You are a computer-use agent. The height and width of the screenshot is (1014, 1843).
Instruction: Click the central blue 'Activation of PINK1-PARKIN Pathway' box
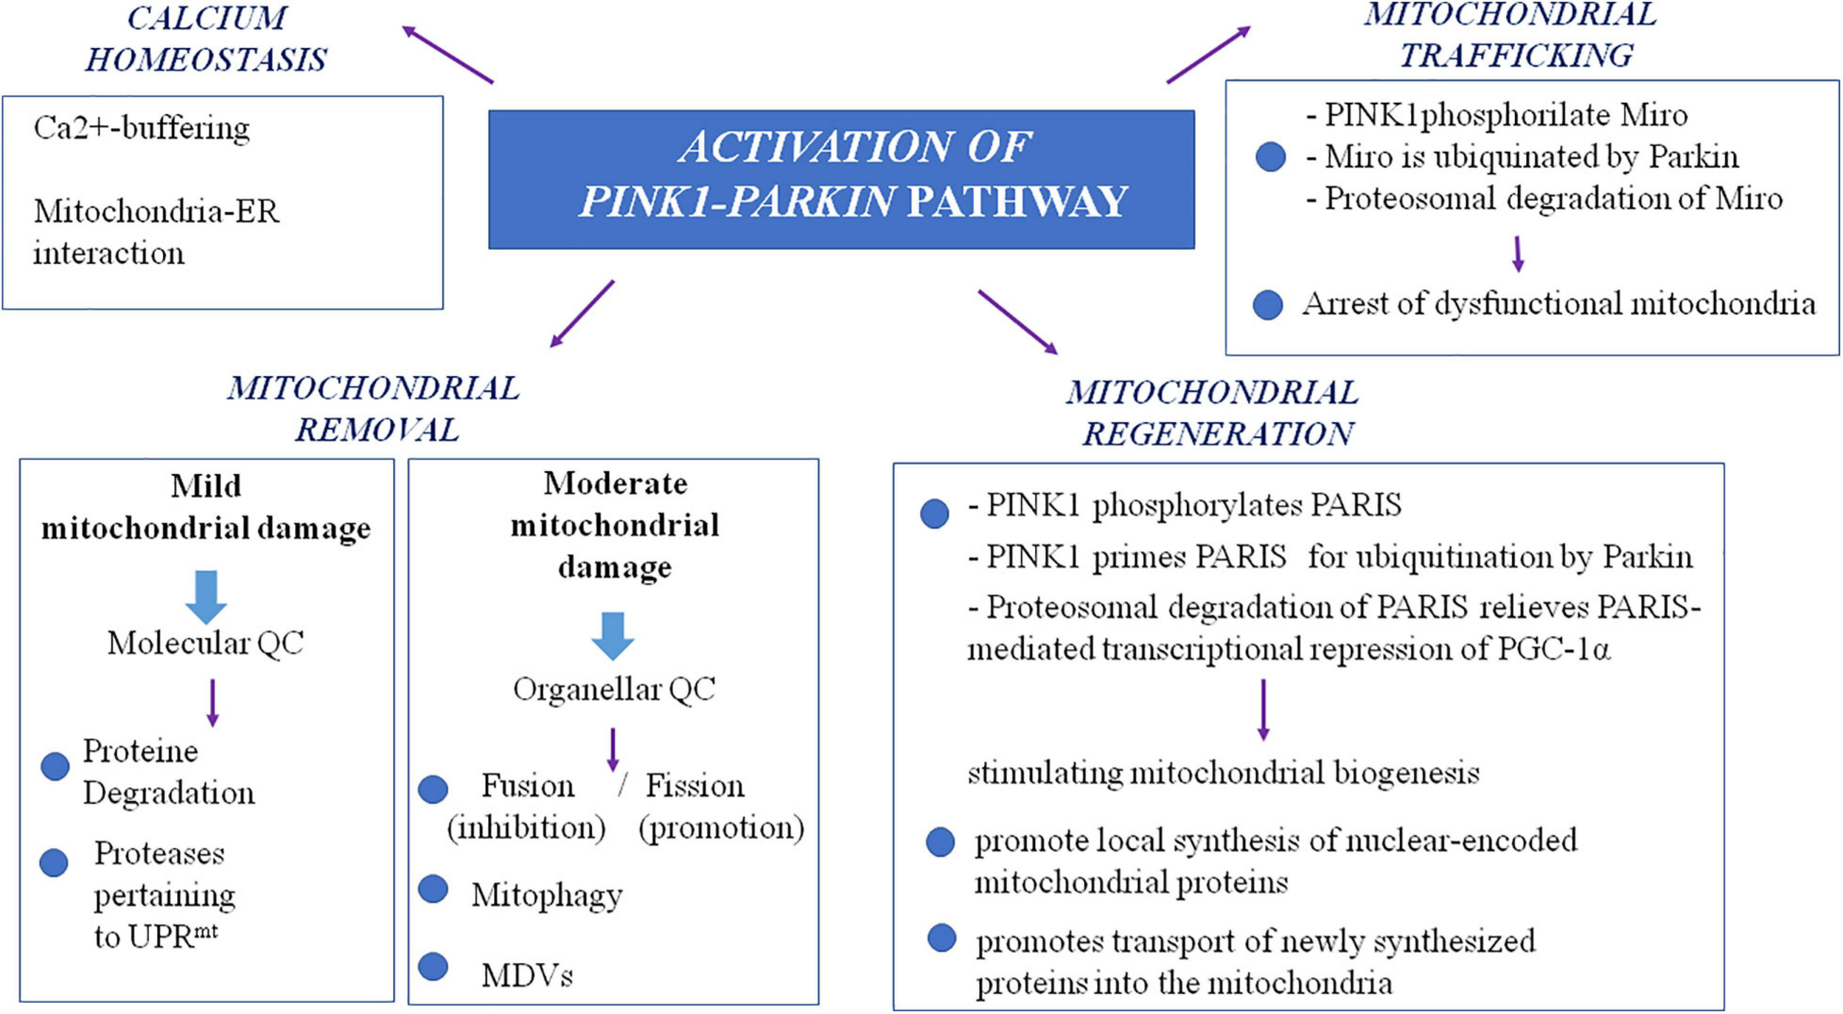pos(840,178)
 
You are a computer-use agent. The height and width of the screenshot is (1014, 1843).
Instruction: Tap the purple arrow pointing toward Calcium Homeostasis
pos(447,55)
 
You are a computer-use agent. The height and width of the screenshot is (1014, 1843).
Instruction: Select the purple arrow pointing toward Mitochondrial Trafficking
pos(1209,55)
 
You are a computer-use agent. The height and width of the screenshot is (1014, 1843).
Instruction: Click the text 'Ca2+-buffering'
pos(142,128)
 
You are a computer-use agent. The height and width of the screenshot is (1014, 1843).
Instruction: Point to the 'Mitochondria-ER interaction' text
pos(156,231)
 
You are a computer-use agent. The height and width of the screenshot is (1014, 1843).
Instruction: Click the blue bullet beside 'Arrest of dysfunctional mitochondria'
pos(1267,304)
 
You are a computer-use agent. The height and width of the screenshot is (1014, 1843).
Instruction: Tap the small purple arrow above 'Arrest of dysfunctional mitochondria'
pos(1517,254)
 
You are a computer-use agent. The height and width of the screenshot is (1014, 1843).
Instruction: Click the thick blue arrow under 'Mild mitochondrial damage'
pos(206,596)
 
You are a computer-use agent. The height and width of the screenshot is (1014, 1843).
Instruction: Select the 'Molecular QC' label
pos(205,643)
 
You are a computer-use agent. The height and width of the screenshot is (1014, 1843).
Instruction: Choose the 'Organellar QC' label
pos(613,689)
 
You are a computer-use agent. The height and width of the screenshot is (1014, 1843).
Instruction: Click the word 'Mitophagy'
pos(546,895)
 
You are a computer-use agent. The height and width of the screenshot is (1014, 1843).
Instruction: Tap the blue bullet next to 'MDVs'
pos(433,966)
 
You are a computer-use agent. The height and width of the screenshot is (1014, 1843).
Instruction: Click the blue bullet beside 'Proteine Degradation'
pos(55,766)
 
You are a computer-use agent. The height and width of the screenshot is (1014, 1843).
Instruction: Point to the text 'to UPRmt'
pos(155,937)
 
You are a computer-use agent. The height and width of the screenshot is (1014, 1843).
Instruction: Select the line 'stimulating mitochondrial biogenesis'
pos(1223,773)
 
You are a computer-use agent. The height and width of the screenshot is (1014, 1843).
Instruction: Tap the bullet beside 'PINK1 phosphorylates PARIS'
pos(934,513)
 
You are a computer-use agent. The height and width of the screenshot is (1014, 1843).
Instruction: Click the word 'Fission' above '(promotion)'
pos(694,786)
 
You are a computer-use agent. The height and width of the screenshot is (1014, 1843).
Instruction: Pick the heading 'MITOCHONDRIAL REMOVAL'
pos(374,409)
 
